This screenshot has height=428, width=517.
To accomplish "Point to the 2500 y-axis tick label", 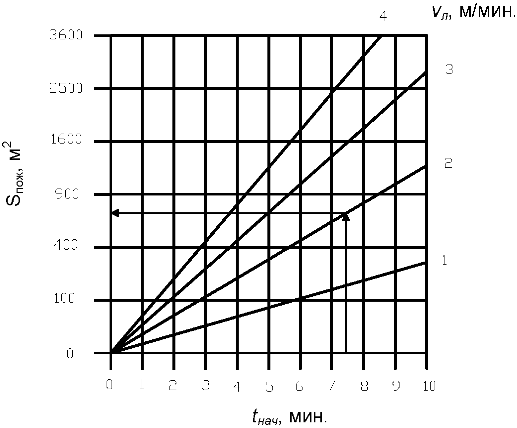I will coord(66,88).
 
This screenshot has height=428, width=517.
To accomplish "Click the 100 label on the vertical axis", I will coord(66,299).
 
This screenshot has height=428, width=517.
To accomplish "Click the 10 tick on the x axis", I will coord(429,386).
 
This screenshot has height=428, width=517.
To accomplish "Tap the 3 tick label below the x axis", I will coord(206,386).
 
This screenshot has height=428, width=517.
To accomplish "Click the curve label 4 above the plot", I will coord(383,16).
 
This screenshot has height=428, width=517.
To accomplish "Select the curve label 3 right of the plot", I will coord(449,69).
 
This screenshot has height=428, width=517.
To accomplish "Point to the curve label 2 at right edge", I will coord(448,163).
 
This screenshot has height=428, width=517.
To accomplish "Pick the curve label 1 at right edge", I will coord(445,260).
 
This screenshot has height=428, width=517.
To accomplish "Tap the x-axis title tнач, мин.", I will coord(289,417).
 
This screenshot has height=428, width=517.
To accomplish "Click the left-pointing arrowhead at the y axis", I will coord(115,213).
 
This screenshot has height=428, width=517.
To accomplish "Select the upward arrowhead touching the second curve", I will coord(346,217).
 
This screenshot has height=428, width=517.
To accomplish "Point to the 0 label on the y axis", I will coord(70,354).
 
